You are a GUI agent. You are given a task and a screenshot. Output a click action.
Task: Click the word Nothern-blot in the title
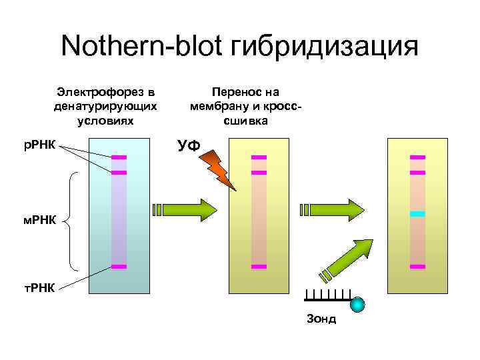142,47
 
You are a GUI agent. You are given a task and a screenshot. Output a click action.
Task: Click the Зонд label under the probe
321,319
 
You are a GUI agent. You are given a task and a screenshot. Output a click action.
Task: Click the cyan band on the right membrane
417,214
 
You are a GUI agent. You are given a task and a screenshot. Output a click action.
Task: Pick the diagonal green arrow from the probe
349,258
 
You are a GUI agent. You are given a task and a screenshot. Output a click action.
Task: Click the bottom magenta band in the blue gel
119,267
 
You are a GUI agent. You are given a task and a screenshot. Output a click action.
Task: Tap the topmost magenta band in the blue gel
119,157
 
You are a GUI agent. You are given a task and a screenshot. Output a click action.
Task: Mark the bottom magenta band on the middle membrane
259,267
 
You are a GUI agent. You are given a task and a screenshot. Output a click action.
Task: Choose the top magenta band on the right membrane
417,157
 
